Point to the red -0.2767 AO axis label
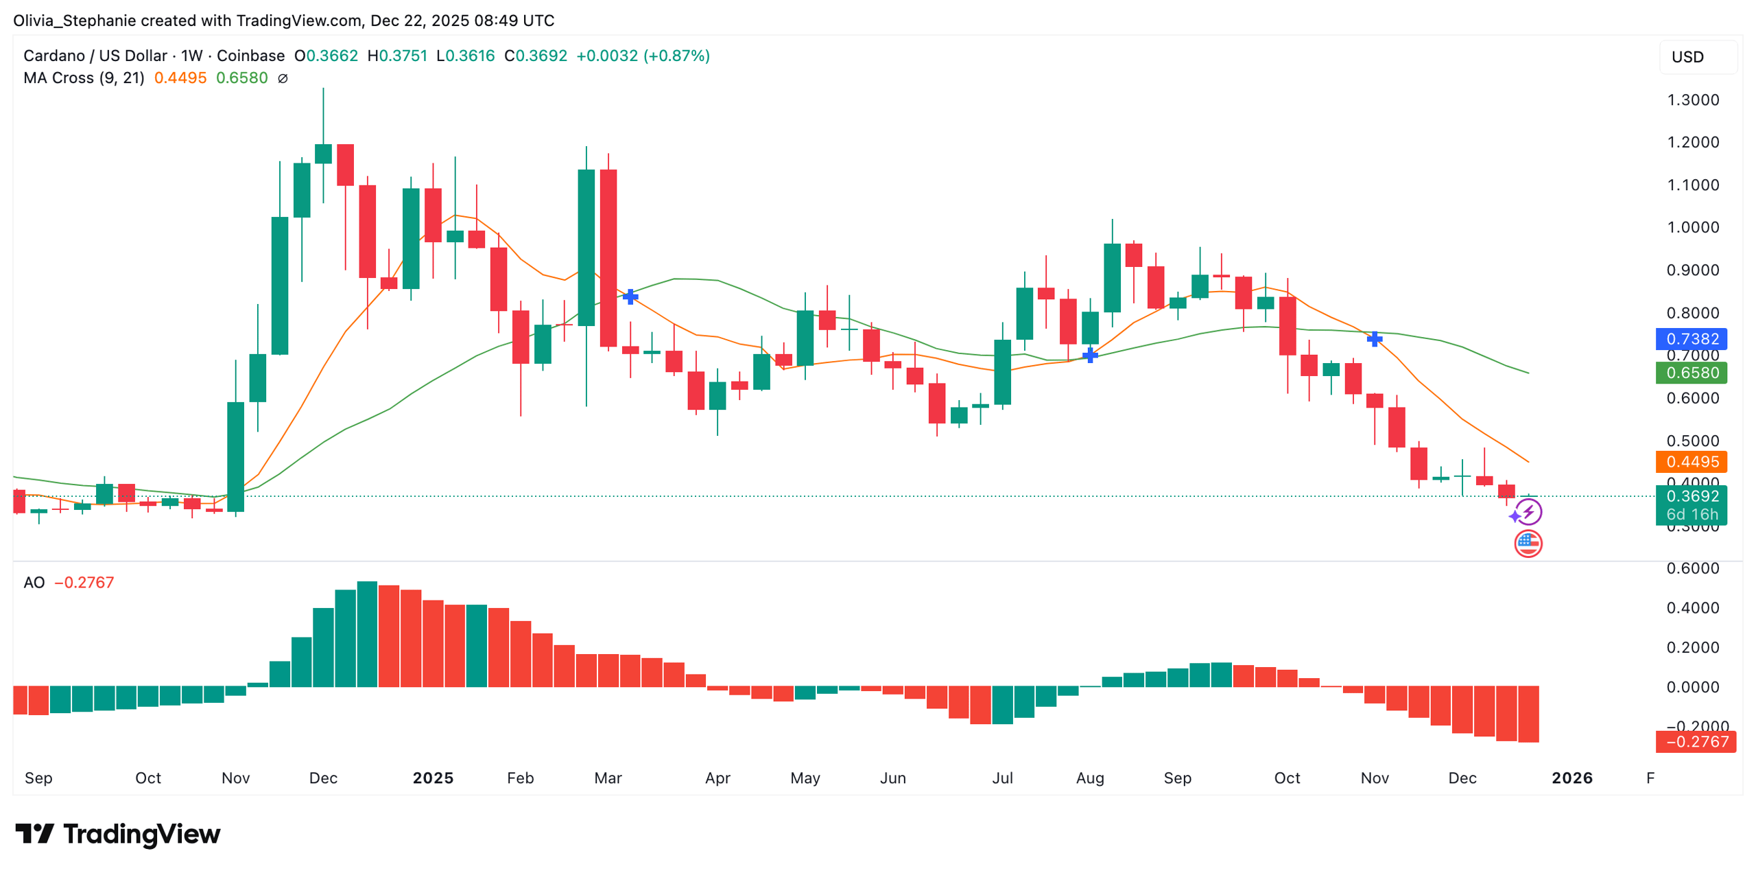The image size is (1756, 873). click(x=1696, y=741)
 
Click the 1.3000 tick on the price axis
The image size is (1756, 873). click(x=1692, y=100)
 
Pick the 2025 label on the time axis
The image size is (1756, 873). click(x=433, y=778)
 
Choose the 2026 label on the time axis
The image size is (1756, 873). click(x=1571, y=778)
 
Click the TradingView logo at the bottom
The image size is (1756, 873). click(x=118, y=834)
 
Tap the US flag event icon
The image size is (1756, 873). click(x=1528, y=544)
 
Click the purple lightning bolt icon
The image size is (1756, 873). click(x=1528, y=512)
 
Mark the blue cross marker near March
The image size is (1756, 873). click(x=630, y=296)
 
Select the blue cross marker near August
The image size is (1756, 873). click(x=1090, y=355)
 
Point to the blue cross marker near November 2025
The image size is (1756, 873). click(x=1374, y=339)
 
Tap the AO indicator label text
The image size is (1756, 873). click(x=34, y=583)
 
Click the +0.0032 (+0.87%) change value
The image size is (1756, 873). click(x=643, y=56)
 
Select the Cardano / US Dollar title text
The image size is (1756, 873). click(x=95, y=56)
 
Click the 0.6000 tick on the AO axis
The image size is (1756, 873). click(x=1692, y=568)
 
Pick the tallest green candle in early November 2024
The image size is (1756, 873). click(x=235, y=456)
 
